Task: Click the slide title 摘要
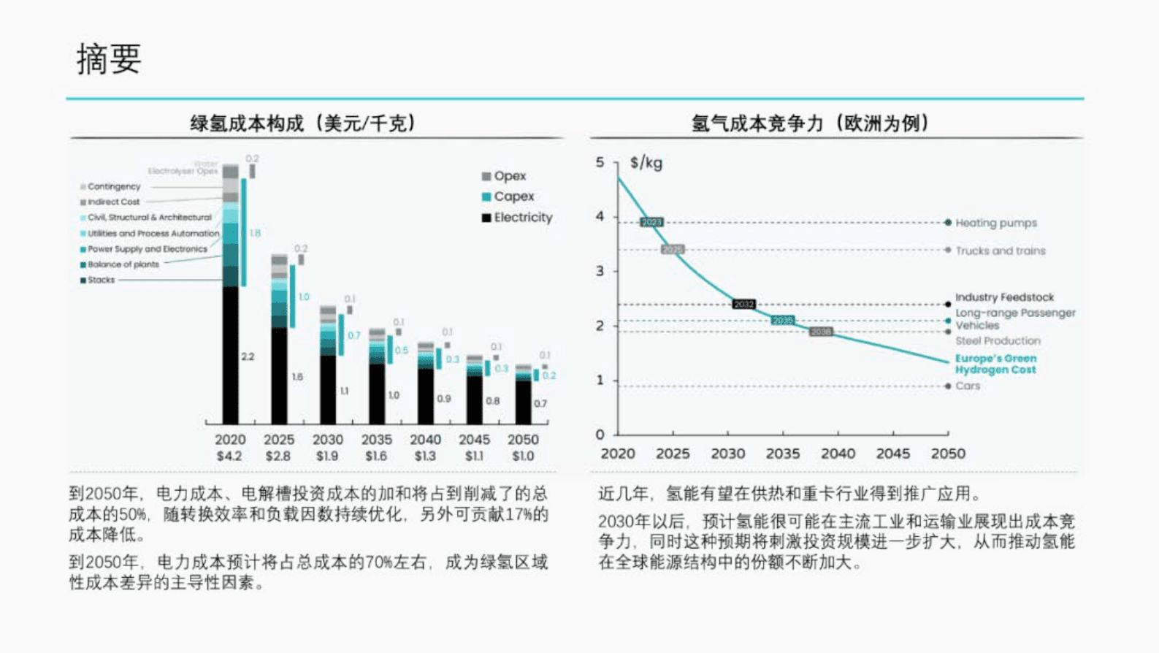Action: point(109,59)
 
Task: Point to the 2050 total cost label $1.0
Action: point(523,456)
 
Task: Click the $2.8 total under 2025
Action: point(278,456)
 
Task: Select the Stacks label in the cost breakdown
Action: point(101,280)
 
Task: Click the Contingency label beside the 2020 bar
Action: point(113,187)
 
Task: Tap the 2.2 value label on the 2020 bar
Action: point(248,356)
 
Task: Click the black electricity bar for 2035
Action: point(377,394)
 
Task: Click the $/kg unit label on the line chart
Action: point(646,163)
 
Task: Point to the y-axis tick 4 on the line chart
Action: point(600,216)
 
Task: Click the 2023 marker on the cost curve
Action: point(651,222)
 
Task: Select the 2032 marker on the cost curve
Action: point(743,304)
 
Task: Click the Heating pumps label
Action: point(995,223)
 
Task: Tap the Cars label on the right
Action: point(968,386)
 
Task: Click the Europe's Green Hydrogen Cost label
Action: point(995,364)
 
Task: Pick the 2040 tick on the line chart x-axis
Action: point(838,454)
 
